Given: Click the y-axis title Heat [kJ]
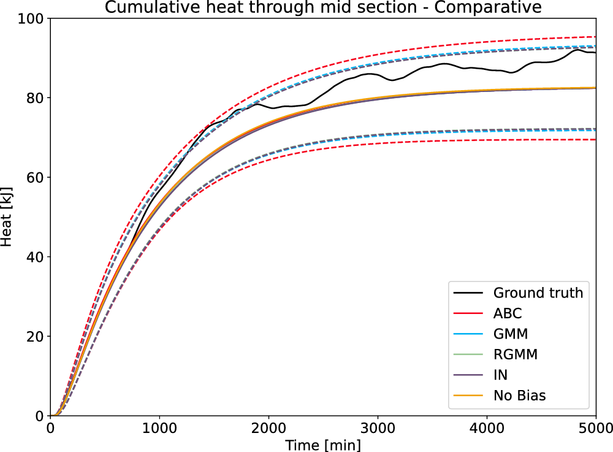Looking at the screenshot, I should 7,217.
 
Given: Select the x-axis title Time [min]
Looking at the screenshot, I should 323,444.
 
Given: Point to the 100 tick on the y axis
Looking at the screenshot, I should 34,19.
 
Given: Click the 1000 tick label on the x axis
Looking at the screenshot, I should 159,427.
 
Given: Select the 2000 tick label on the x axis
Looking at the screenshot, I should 268,427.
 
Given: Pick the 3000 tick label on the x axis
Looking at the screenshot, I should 378,427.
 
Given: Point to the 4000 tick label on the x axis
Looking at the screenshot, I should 487,427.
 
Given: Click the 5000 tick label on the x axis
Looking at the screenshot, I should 595,427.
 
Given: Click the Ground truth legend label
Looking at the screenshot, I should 538,293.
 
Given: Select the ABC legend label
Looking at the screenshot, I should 508,314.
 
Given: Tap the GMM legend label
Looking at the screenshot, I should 510,334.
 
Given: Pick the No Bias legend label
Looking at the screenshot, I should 519,396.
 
